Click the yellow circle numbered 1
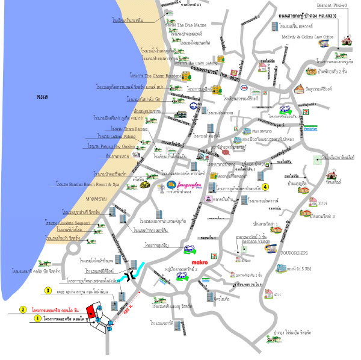37,318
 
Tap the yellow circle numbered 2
23,309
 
